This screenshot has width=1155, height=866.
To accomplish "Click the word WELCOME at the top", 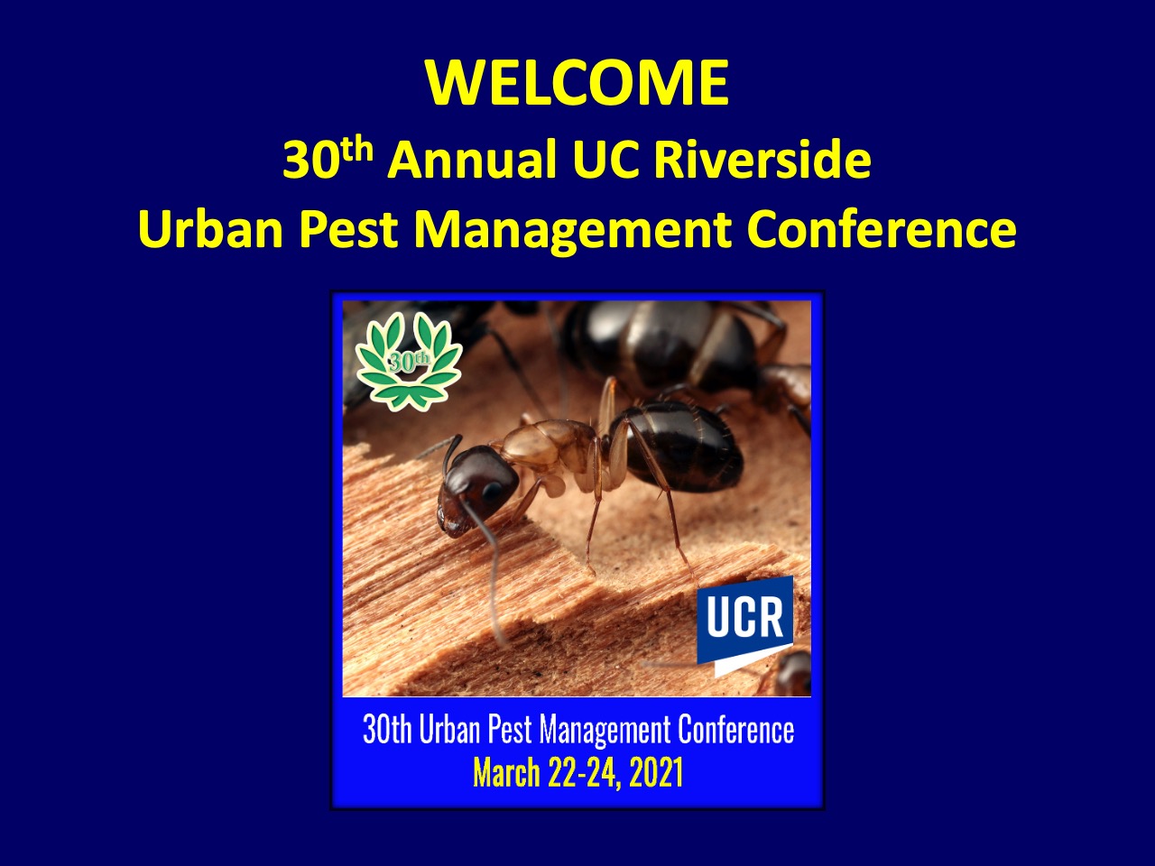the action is pos(577,83).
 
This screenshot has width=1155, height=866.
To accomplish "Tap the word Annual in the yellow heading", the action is pos(471,159).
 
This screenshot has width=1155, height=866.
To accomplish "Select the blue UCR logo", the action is pos(745,626).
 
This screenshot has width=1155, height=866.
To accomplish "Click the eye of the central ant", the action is pos(492,491).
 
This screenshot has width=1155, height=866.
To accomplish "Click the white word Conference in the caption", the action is pos(735,729).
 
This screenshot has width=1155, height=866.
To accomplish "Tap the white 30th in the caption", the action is pos(387,729).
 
